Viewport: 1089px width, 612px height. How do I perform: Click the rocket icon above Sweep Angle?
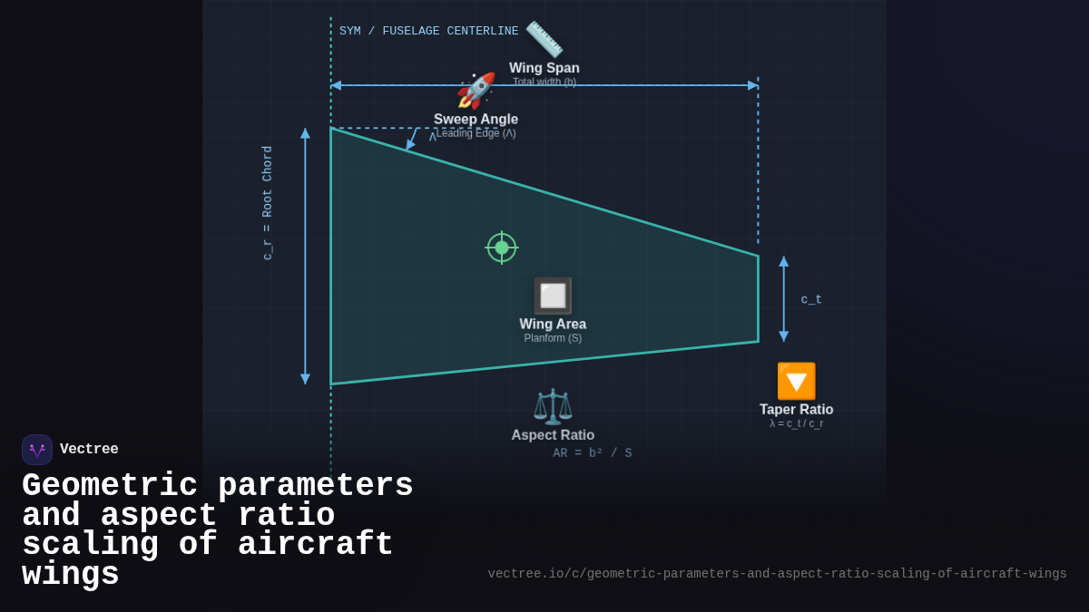pyautogui.click(x=476, y=91)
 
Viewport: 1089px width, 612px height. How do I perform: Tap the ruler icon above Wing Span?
pyautogui.click(x=544, y=39)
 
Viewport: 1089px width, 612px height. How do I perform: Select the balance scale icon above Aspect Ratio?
pyautogui.click(x=553, y=406)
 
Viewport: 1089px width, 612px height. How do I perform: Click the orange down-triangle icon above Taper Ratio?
pyautogui.click(x=796, y=381)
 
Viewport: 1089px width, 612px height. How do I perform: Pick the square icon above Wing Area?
pyautogui.click(x=553, y=296)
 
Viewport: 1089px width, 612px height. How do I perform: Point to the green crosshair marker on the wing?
pyautogui.click(x=502, y=248)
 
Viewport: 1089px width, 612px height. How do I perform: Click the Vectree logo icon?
pyautogui.click(x=37, y=450)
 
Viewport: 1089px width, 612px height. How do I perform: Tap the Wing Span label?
pyautogui.click(x=544, y=68)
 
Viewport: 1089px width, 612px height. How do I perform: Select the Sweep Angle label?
pyautogui.click(x=476, y=119)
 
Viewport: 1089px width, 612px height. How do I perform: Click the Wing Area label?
pyautogui.click(x=553, y=324)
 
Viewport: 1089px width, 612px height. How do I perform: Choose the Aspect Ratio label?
pyautogui.click(x=553, y=435)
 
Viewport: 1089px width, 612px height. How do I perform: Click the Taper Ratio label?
pyautogui.click(x=796, y=410)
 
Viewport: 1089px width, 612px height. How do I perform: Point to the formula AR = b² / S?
pyautogui.click(x=593, y=453)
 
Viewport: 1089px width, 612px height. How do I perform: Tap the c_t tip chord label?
pyautogui.click(x=811, y=299)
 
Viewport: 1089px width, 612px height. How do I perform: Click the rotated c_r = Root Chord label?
pyautogui.click(x=268, y=203)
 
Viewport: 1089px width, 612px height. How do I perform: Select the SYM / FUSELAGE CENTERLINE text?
pyautogui.click(x=429, y=31)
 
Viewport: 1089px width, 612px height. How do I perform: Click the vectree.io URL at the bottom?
pyautogui.click(x=777, y=574)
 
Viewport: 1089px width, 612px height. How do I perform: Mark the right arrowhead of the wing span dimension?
pyautogui.click(x=753, y=85)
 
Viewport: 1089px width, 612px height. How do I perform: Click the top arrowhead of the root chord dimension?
pyautogui.click(x=305, y=133)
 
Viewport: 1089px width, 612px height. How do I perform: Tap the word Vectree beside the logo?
pyautogui.click(x=89, y=450)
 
